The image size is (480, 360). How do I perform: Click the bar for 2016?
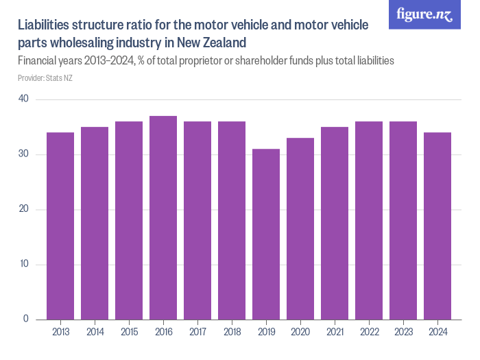[x=163, y=217]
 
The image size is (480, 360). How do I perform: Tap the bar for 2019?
[x=266, y=234]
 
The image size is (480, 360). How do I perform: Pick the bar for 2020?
[x=300, y=228]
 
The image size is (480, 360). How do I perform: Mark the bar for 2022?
[x=369, y=220]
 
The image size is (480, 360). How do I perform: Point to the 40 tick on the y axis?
[x=23, y=99]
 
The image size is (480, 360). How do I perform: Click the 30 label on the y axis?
[x=23, y=154]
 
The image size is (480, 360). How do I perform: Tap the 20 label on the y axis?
[x=23, y=209]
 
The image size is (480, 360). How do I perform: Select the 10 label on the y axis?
[x=23, y=264]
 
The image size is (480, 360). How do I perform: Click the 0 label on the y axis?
[x=26, y=319]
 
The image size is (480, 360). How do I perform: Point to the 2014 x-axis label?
[x=95, y=332]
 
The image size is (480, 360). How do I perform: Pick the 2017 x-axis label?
[x=197, y=332]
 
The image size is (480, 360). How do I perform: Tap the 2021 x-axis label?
[x=335, y=332]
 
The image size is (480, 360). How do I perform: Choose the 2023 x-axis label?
[x=403, y=332]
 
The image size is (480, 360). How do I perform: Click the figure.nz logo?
[x=424, y=14]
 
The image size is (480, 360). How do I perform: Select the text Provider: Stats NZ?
[x=45, y=78]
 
